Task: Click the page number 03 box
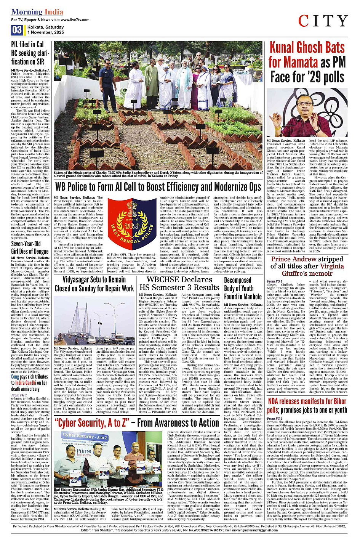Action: [x=17, y=30]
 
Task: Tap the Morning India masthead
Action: [x=37, y=12]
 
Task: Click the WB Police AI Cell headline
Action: [x=158, y=187]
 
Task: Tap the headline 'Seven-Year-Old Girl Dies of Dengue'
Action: [x=30, y=247]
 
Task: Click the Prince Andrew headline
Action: [x=307, y=266]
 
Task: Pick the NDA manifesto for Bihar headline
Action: [x=307, y=406]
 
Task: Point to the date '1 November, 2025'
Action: [x=45, y=32]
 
